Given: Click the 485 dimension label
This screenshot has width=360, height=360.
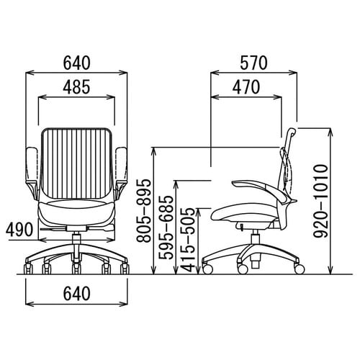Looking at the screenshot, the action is [x=76, y=86].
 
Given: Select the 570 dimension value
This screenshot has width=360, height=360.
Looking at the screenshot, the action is [x=253, y=63].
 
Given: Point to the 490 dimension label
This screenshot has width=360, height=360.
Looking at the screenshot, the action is [x=19, y=229].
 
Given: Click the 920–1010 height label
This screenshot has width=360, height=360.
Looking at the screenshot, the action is [x=321, y=201].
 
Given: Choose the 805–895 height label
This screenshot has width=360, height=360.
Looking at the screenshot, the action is [x=144, y=210].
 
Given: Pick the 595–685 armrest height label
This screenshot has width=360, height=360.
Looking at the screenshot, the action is [x=166, y=228].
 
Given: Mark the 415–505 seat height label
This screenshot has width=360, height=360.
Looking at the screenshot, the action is [x=188, y=239].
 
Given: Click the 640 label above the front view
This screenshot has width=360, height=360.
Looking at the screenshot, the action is [x=76, y=63].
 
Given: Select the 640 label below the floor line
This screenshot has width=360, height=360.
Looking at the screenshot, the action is [x=76, y=294].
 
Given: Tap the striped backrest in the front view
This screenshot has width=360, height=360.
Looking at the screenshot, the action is [x=76, y=163].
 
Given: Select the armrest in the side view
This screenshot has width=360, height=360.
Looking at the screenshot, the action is [x=261, y=189].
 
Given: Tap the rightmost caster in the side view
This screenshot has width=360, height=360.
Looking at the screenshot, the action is [x=300, y=269].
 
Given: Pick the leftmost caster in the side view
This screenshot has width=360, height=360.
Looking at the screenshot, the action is [x=207, y=269].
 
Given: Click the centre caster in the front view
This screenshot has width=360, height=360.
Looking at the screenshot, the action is [x=76, y=269].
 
